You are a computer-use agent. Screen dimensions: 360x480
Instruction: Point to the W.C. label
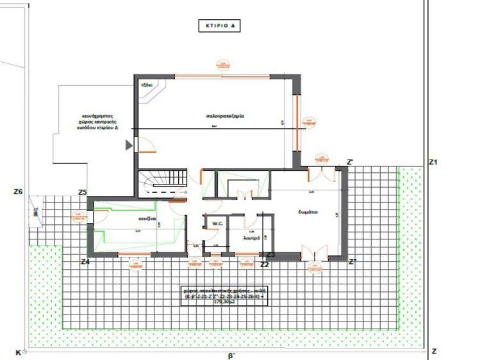[x=213, y=224]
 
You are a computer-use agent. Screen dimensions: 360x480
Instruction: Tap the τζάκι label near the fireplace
[x=145, y=84]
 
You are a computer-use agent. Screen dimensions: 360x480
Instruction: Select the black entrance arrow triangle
[x=129, y=145]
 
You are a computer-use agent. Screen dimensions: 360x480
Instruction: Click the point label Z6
[x=18, y=191]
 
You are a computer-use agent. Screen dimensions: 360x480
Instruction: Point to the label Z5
[x=82, y=192]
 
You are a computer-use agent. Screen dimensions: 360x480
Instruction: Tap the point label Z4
[x=85, y=261]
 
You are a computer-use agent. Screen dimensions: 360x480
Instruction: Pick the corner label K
[x=17, y=352]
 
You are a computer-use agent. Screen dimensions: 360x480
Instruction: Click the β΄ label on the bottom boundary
[x=230, y=354]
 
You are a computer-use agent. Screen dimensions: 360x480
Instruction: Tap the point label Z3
[x=270, y=254]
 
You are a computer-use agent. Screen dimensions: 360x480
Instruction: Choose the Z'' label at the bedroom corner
[x=352, y=261]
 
